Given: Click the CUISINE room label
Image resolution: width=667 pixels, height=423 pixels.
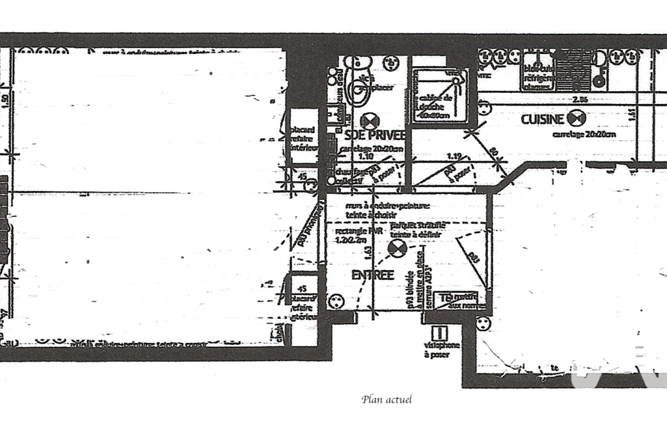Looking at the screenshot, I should click(541, 119).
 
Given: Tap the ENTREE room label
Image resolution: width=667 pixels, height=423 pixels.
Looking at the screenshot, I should click(373, 275).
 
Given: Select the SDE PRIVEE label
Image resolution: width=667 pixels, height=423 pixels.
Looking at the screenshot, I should click(374, 135).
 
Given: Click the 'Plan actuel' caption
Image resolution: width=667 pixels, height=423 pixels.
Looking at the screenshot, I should click(387, 399).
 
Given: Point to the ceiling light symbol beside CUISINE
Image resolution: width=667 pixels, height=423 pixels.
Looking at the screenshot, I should click(576, 118).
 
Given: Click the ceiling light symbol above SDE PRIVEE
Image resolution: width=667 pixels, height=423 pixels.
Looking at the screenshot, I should click(370, 120).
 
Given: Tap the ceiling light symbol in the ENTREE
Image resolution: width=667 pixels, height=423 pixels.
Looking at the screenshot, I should click(396, 248).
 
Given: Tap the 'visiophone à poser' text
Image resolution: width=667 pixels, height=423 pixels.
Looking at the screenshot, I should click(442, 349).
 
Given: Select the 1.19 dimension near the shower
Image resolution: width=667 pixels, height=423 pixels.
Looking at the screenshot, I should click(455, 156).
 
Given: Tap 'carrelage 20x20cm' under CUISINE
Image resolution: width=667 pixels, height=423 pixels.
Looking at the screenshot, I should click(584, 135).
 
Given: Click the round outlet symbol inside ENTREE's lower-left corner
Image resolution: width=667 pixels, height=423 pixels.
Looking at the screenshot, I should click(337, 301).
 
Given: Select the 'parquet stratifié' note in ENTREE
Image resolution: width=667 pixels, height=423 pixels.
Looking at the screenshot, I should click(415, 230).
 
